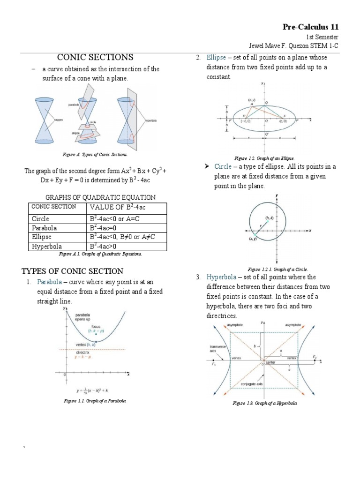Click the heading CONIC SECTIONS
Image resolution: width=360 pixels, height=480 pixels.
(x=95, y=57)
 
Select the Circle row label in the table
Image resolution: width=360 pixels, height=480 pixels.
(x=40, y=219)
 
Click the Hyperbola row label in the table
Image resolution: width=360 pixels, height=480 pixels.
(x=46, y=246)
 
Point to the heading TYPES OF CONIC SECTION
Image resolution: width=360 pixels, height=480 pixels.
(x=73, y=271)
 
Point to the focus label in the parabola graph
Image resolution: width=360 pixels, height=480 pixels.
(x=96, y=326)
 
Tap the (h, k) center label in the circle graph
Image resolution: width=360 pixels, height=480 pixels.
(x=270, y=218)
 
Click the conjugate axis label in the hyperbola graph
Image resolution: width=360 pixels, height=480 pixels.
(x=252, y=383)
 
